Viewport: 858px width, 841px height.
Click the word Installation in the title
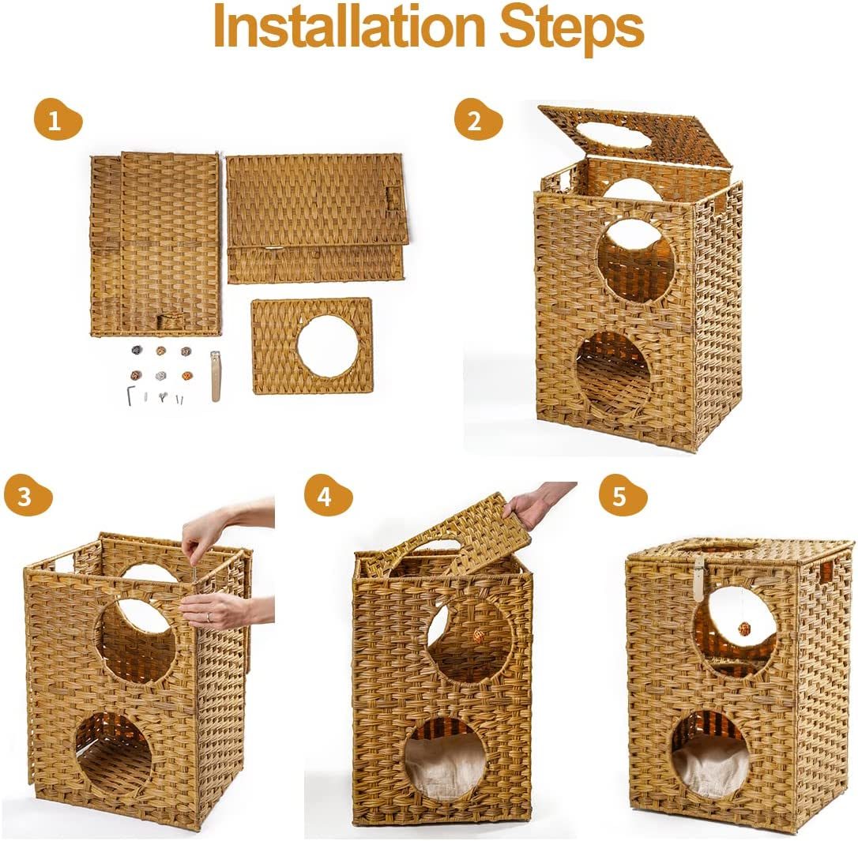[348, 26]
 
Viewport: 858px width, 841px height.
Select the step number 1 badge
[57, 120]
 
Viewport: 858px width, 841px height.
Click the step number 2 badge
[478, 120]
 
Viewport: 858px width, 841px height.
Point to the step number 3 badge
[28, 497]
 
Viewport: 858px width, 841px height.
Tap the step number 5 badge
[622, 497]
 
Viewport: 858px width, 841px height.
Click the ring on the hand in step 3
[209, 617]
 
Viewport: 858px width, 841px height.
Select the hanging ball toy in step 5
[743, 629]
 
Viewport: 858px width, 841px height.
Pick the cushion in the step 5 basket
[709, 765]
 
